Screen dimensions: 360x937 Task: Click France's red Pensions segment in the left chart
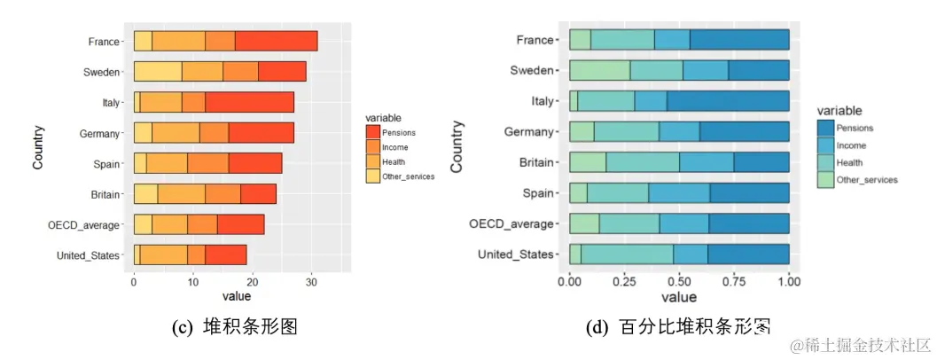tap(276, 41)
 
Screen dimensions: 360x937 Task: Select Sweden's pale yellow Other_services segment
tap(158, 72)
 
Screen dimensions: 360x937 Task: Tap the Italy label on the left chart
tap(110, 103)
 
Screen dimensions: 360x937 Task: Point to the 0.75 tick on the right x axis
tap(734, 282)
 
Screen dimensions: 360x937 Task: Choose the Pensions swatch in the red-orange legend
tap(373, 132)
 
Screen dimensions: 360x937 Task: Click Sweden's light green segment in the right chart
tap(599, 71)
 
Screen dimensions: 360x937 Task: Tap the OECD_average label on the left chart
tap(84, 225)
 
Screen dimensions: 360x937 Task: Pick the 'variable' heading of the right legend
tap(839, 111)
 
